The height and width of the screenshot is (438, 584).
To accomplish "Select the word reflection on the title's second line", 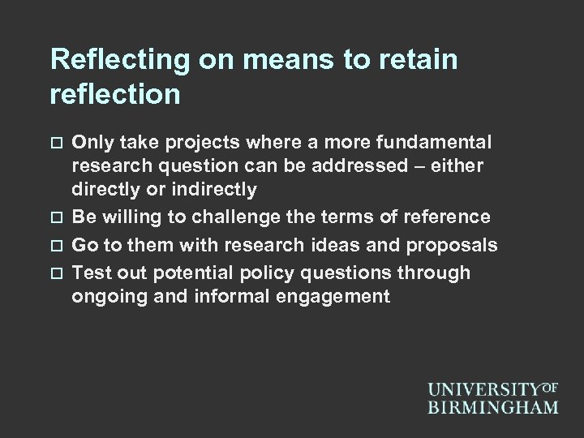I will pos(115,95).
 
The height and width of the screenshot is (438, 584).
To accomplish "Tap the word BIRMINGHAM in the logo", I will pos(493,405).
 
